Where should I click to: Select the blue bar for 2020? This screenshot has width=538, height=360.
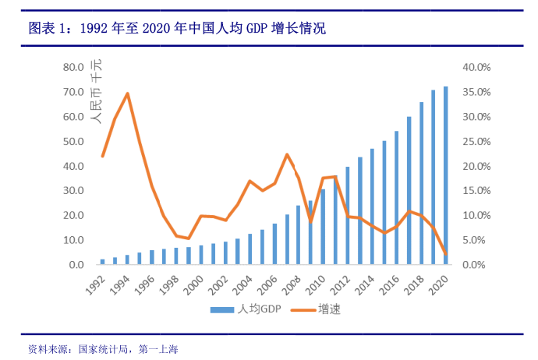coord(446,175)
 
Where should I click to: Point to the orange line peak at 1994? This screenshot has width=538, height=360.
coord(127,94)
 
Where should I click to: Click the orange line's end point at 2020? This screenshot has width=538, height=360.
coord(446,254)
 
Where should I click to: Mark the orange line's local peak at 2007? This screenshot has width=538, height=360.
coord(287,154)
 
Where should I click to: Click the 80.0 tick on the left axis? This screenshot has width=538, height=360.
coord(73,67)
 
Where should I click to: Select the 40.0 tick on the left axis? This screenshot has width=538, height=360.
coord(73,166)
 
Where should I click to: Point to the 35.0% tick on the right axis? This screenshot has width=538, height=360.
coord(476,92)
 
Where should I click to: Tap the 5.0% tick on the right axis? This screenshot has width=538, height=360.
coord(476,240)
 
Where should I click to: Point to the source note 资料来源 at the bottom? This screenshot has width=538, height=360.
coord(103,348)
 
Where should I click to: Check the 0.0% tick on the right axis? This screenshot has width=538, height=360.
coord(476,265)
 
